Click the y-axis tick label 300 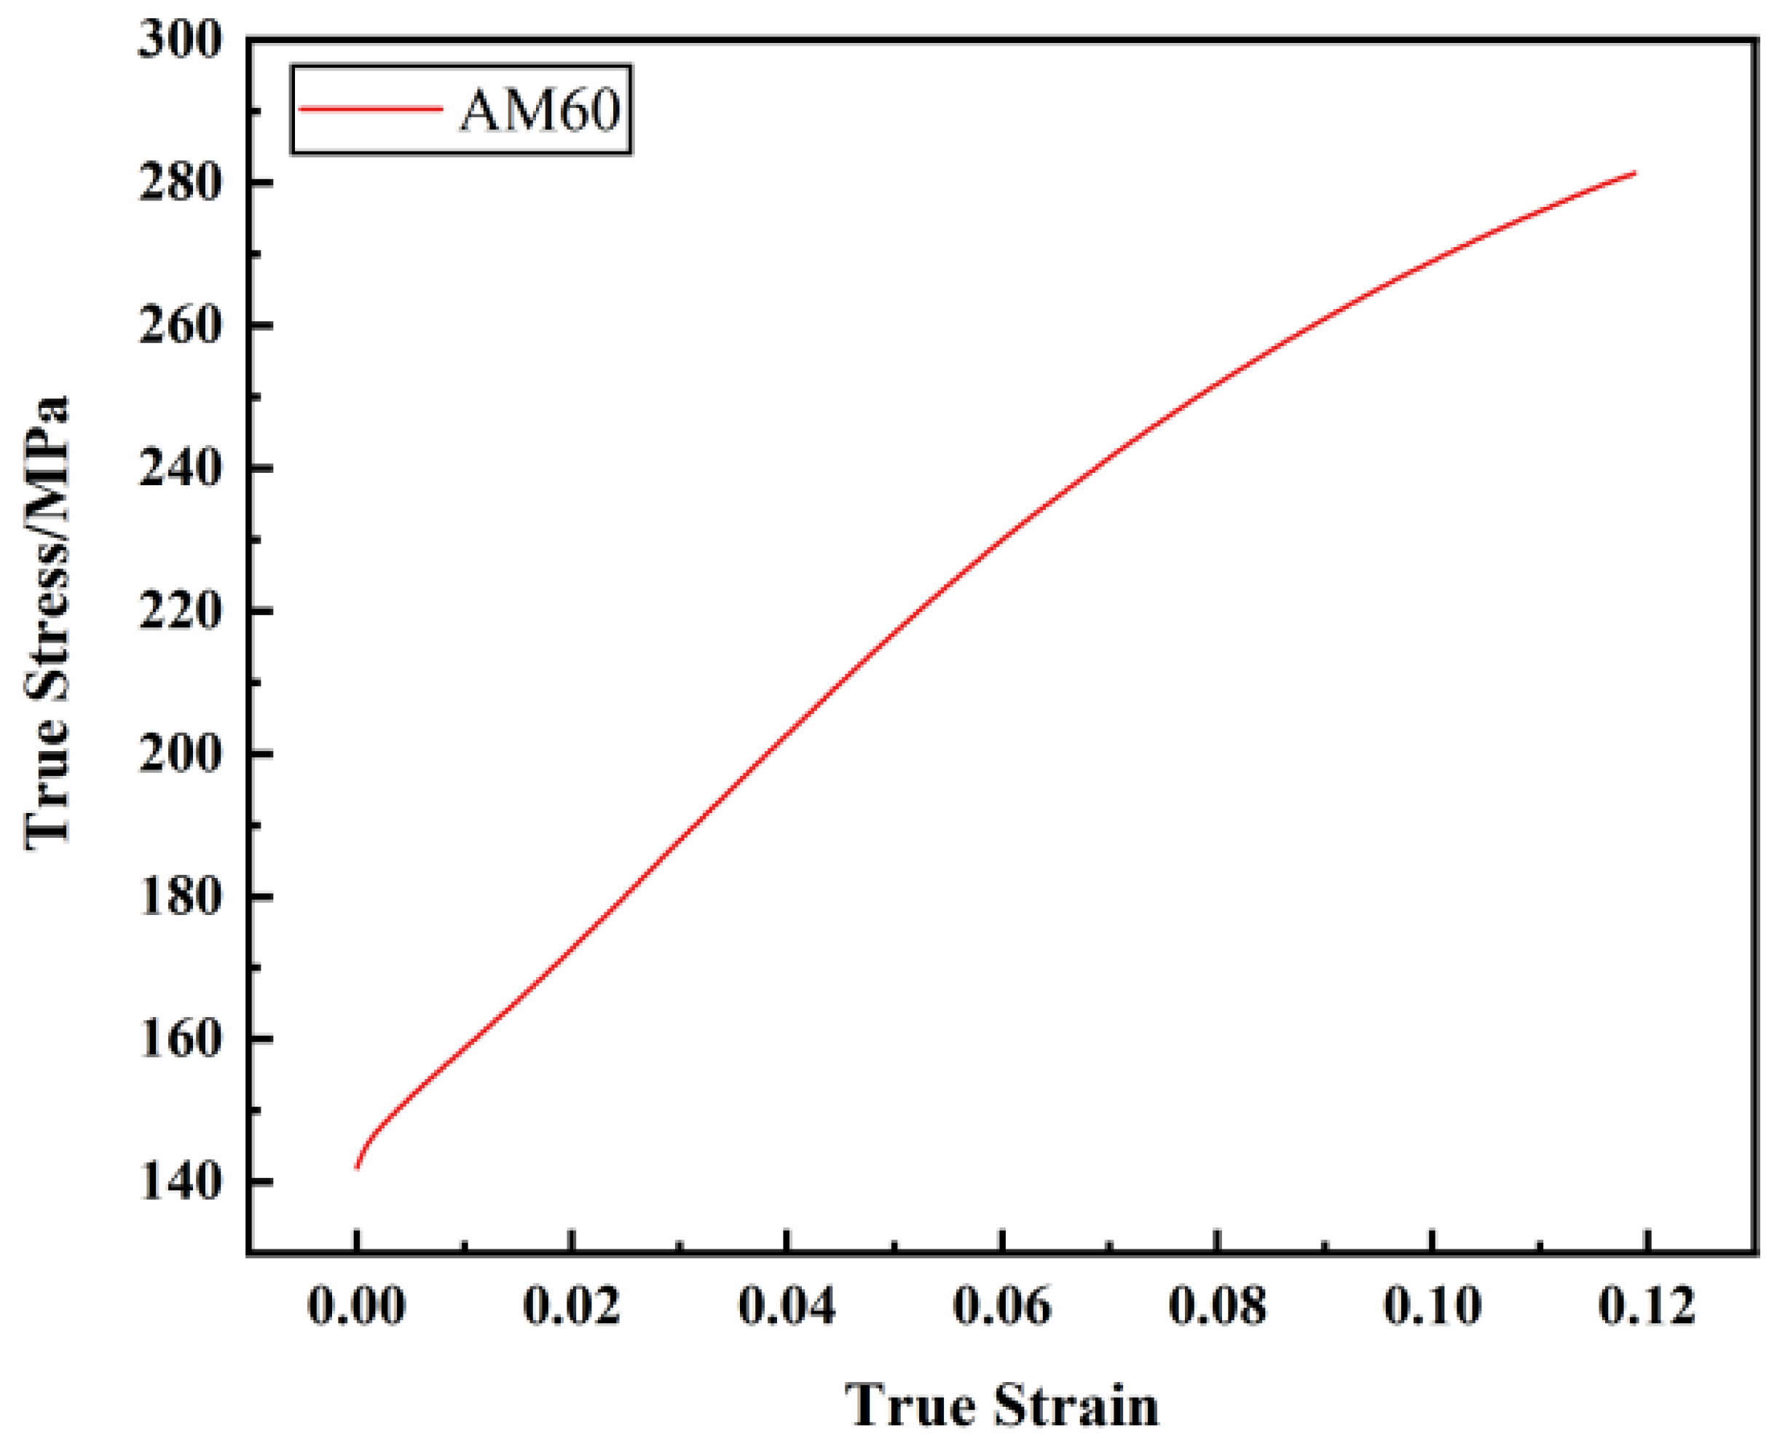pyautogui.click(x=181, y=40)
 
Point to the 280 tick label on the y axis pyautogui.click(x=181, y=183)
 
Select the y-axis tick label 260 pyautogui.click(x=181, y=326)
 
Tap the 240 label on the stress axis pyautogui.click(x=181, y=468)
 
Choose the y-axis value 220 pyautogui.click(x=181, y=611)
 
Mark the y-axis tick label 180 pyautogui.click(x=181, y=897)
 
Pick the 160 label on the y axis pyautogui.click(x=181, y=1040)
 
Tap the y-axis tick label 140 pyautogui.click(x=181, y=1182)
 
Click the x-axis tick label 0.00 pyautogui.click(x=357, y=1306)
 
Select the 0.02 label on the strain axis pyautogui.click(x=572, y=1306)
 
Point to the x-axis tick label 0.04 pyautogui.click(x=787, y=1306)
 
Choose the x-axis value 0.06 pyautogui.click(x=1002, y=1306)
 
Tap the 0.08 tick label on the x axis pyautogui.click(x=1218, y=1306)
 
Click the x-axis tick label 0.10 pyautogui.click(x=1433, y=1306)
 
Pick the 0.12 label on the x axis pyautogui.click(x=1647, y=1306)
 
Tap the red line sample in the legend pyautogui.click(x=371, y=109)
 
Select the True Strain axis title pyautogui.click(x=1001, y=1406)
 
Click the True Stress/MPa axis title pyautogui.click(x=47, y=623)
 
